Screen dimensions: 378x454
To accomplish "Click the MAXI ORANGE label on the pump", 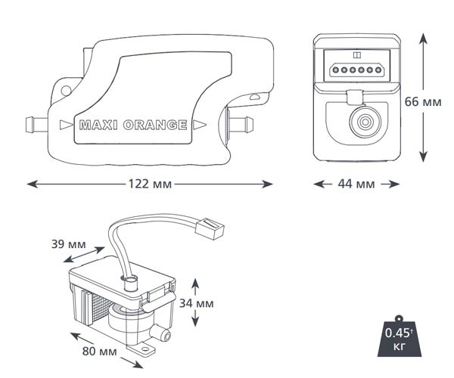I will pos(132,125).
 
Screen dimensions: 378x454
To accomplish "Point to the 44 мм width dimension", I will pos(355,184).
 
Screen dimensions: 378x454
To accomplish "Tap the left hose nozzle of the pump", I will pos(36,122).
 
